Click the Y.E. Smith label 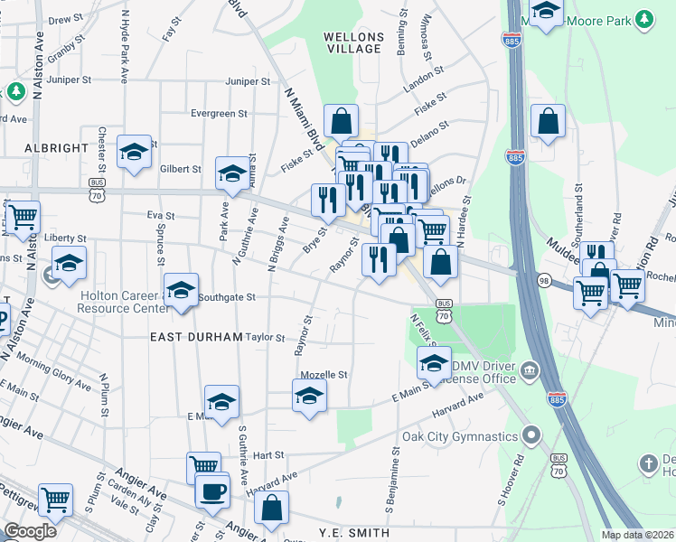[x=354, y=533]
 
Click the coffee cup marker [x=213, y=491]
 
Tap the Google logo [x=30, y=531]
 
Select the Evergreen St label [x=219, y=113]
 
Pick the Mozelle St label [x=330, y=374]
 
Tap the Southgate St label [x=227, y=296]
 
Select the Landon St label [x=424, y=77]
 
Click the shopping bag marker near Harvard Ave [x=271, y=510]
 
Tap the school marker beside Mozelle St [x=309, y=396]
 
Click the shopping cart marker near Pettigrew [x=56, y=499]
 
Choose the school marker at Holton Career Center [x=181, y=290]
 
